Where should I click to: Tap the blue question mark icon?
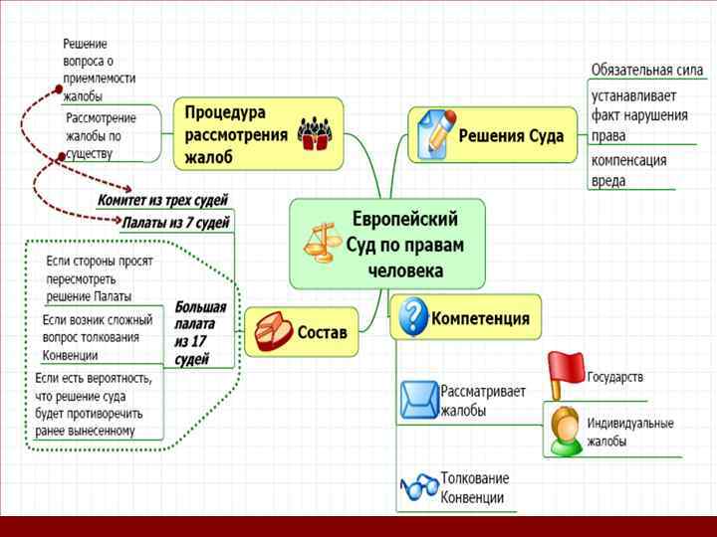tap(411, 318)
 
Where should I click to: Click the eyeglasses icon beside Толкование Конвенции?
tap(417, 487)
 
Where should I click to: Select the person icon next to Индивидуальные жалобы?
tap(565, 429)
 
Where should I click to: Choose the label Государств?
tap(615, 377)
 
